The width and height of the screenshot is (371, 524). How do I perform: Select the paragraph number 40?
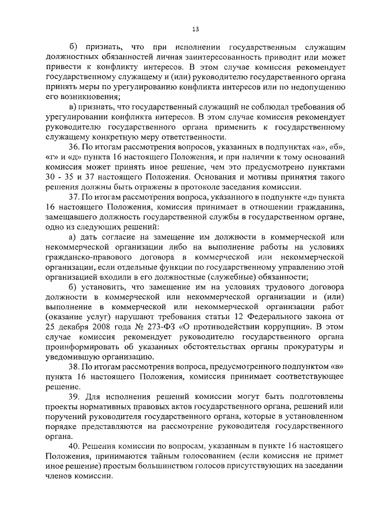coord(74,448)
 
